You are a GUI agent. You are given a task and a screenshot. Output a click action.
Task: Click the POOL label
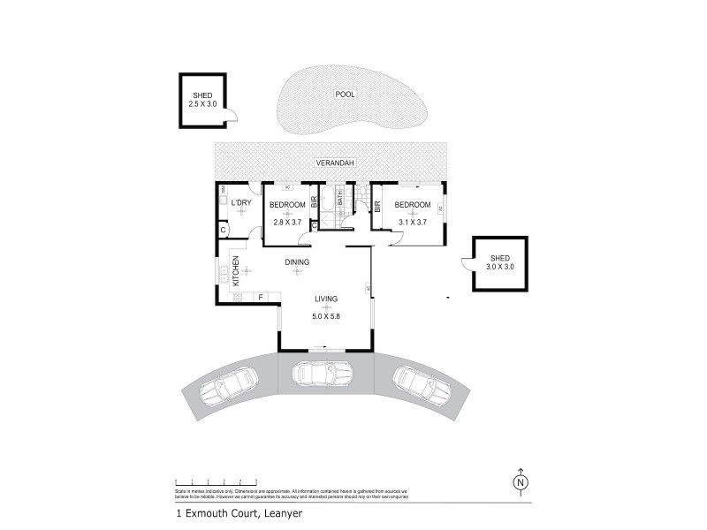344,95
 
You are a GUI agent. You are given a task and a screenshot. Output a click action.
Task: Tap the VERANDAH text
332,163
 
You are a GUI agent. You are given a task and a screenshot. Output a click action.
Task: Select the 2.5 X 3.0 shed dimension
202,104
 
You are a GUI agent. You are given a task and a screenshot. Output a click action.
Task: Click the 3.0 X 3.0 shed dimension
500,266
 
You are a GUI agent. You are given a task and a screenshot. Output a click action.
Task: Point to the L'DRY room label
241,205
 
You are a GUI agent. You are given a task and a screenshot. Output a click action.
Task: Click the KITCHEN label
236,271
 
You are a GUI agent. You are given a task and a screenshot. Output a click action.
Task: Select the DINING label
296,262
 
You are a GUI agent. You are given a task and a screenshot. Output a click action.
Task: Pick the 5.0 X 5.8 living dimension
325,316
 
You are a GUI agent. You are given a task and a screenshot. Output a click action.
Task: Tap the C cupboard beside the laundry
224,231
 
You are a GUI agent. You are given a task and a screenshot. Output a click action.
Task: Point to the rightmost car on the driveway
421,382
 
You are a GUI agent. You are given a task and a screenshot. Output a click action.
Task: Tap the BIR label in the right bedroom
377,206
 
